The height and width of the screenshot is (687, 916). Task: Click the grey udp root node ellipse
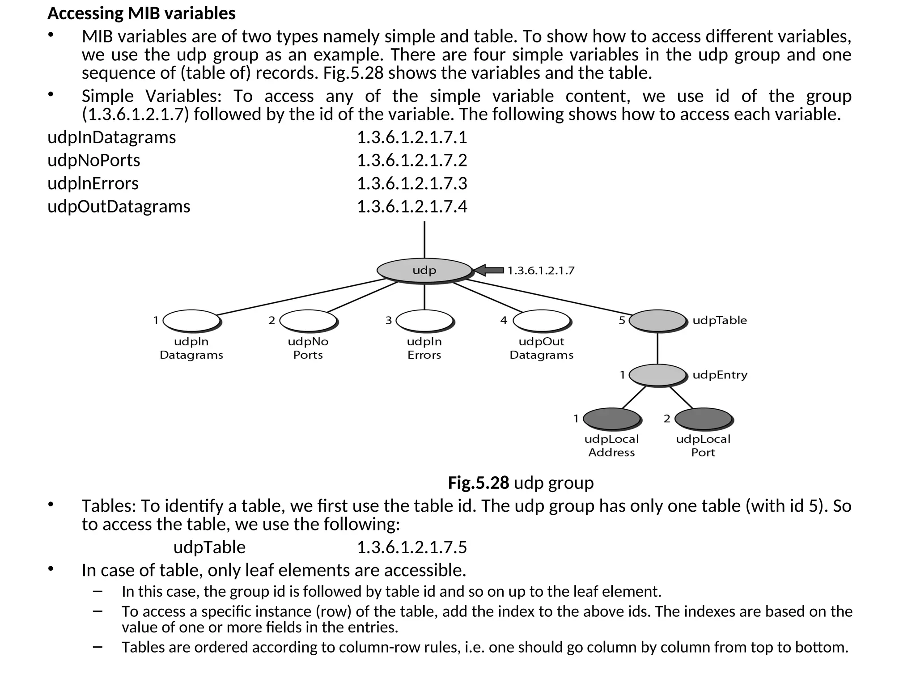pyautogui.click(x=424, y=270)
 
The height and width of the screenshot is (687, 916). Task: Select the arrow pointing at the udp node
pyautogui.click(x=488, y=270)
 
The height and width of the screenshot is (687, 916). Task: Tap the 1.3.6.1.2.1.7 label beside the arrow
pyautogui.click(x=541, y=271)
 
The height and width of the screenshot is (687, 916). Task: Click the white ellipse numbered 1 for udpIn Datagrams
pyautogui.click(x=191, y=320)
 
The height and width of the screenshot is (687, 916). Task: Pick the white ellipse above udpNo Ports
pyautogui.click(x=308, y=320)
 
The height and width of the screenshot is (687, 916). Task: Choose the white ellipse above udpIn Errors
pyautogui.click(x=424, y=320)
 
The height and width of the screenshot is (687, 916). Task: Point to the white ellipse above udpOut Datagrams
pyautogui.click(x=541, y=320)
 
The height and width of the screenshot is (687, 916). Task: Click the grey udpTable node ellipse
pyautogui.click(x=657, y=320)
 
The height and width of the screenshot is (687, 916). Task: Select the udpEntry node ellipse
pyautogui.click(x=657, y=375)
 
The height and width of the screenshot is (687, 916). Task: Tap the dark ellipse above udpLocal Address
pyautogui.click(x=611, y=419)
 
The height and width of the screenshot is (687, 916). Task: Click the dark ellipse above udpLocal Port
pyautogui.click(x=703, y=419)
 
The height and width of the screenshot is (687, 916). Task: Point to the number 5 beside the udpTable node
pyautogui.click(x=622, y=320)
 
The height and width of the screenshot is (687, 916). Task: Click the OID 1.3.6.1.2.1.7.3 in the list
pyautogui.click(x=412, y=183)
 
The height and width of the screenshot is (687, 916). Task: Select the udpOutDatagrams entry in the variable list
pyautogui.click(x=119, y=207)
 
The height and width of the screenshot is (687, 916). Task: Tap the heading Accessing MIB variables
pyautogui.click(x=141, y=13)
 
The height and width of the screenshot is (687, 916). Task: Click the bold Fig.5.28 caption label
pyautogui.click(x=478, y=483)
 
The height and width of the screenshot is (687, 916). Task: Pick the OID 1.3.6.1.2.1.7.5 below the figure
pyautogui.click(x=412, y=547)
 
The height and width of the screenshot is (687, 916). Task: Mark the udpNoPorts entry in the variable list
pyautogui.click(x=94, y=160)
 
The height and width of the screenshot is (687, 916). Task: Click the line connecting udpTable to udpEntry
pyautogui.click(x=657, y=348)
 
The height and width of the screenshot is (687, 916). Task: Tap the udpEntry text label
pyautogui.click(x=720, y=375)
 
